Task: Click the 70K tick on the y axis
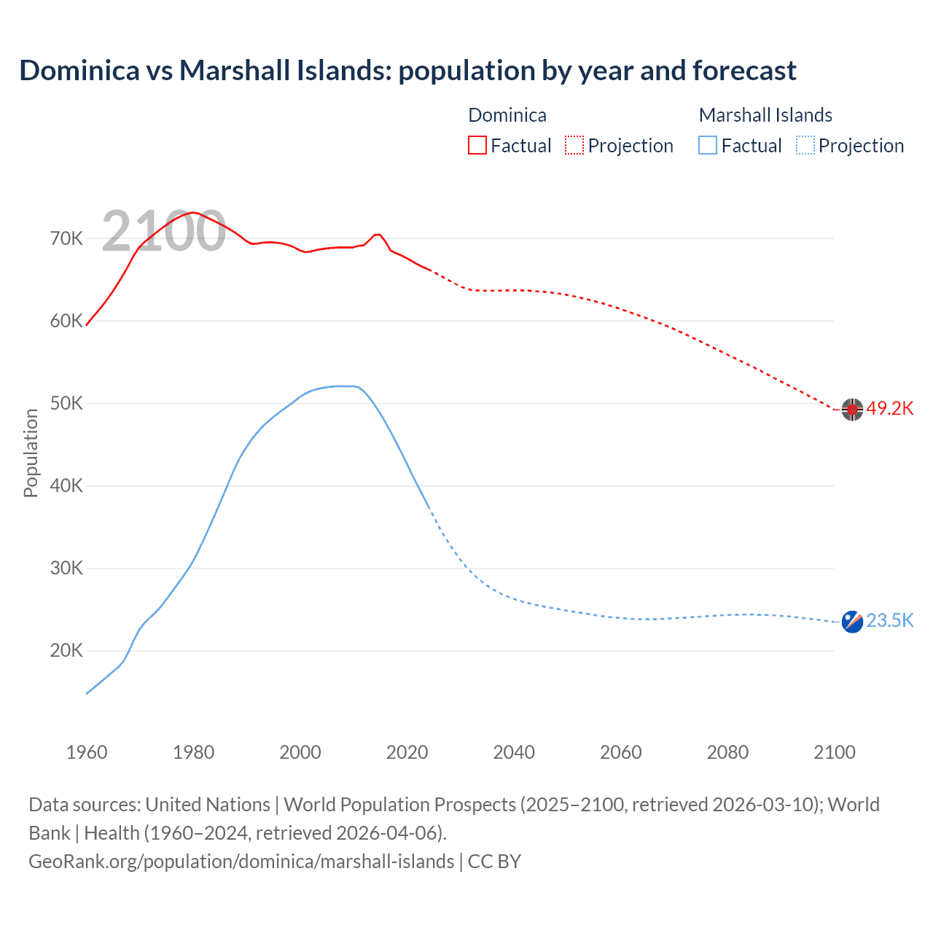point(66,239)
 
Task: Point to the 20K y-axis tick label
point(66,651)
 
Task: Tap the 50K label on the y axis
point(66,404)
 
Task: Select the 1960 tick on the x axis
point(87,752)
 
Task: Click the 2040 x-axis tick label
point(514,752)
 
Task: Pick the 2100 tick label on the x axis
point(834,752)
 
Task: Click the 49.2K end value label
point(889,409)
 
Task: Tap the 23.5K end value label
point(889,621)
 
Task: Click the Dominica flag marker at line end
point(852,410)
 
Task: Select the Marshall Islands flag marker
point(852,622)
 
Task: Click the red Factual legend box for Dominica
point(477,146)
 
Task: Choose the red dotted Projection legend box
point(574,146)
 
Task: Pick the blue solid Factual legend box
point(708,146)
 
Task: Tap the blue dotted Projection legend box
point(805,146)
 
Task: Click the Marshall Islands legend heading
point(765,115)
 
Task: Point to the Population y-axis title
point(31,453)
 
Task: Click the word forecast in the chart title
point(744,71)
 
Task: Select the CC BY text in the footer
point(494,862)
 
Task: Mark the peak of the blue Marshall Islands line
point(343,386)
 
